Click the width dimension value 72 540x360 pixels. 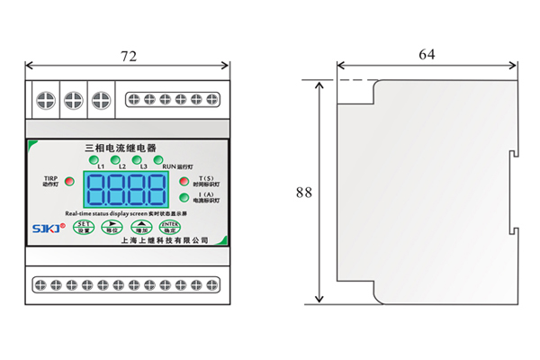[x=129, y=56]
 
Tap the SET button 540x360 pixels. [x=83, y=227]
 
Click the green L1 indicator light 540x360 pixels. [x=93, y=160]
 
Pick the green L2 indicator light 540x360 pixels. [x=114, y=160]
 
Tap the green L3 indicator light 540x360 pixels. [x=136, y=160]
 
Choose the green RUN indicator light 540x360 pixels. [x=157, y=160]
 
